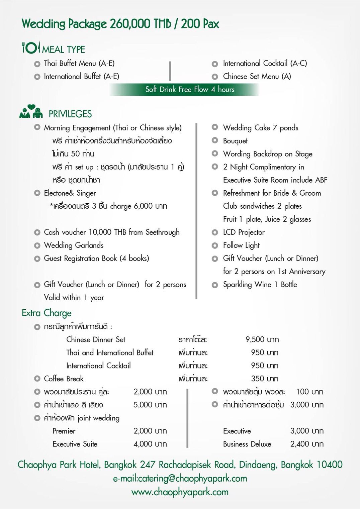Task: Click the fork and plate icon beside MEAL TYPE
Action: point(31,48)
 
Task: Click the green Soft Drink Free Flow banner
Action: point(184,90)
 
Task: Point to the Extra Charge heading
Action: point(47,313)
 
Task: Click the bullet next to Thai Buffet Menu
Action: point(37,64)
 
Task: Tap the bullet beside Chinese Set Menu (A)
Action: point(215,77)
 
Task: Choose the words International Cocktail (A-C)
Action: point(265,64)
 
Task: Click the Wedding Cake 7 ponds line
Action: point(260,128)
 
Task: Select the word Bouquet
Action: point(235,141)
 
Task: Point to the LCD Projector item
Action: point(244,232)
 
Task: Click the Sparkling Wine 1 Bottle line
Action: point(260,285)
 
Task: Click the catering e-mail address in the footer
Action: point(180,479)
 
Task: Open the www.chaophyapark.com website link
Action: point(180,492)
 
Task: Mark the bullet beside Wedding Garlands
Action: point(37,245)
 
